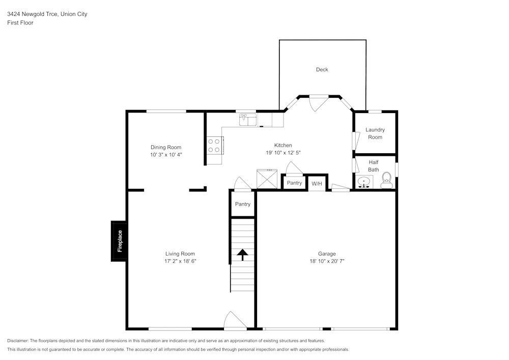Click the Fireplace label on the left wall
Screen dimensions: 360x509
coord(120,241)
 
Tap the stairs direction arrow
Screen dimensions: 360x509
coord(242,254)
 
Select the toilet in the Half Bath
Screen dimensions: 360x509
coord(386,180)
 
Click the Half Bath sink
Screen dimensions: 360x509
coord(364,182)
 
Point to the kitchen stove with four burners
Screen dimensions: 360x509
coord(214,146)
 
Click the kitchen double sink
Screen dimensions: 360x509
coord(248,120)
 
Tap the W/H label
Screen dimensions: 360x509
coord(317,183)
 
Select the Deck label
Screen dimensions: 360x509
coord(322,70)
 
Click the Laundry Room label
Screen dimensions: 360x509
coord(375,133)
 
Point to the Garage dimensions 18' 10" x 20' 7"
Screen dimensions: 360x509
coord(327,261)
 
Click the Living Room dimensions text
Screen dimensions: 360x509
coord(180,261)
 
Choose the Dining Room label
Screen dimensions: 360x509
coord(166,147)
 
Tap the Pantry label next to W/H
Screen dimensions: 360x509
coord(294,183)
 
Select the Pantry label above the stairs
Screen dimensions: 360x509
coord(243,204)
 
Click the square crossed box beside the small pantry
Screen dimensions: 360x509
coord(266,180)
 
